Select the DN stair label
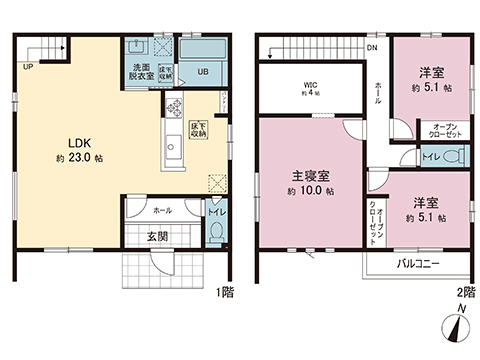tap(371, 48)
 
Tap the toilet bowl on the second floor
tap(453, 158)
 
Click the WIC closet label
tap(311, 84)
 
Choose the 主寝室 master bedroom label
tap(306, 174)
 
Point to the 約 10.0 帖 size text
tap(309, 191)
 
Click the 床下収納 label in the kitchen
tap(199, 128)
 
